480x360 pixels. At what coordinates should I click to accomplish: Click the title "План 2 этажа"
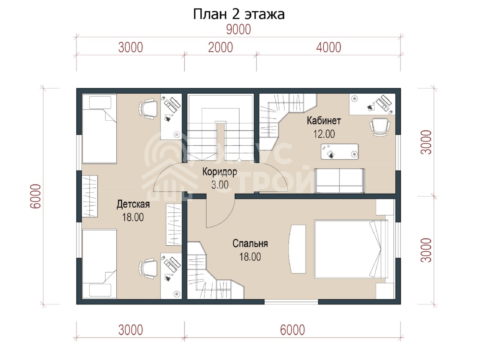tap(238, 14)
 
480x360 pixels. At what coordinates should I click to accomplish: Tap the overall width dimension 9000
tap(238, 30)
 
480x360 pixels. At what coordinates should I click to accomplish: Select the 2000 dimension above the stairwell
tap(220, 48)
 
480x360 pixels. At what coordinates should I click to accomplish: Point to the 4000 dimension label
tap(328, 48)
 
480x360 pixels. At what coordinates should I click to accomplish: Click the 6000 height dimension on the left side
tap(35, 196)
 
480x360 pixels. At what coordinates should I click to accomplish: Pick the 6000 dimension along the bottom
tap(292, 330)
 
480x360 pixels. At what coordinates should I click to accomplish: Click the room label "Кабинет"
tap(324, 121)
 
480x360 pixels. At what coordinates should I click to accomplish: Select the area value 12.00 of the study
tap(324, 134)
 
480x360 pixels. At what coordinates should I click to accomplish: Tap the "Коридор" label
tap(219, 172)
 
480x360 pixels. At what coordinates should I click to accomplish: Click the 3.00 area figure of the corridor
tap(220, 185)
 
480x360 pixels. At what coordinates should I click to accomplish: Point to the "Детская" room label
tap(133, 204)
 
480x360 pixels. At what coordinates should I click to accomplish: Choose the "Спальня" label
tap(250, 243)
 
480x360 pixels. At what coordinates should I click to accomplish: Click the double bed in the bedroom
tap(351, 249)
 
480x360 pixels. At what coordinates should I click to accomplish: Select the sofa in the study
tap(339, 181)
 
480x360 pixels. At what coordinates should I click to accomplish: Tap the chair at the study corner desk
tap(380, 127)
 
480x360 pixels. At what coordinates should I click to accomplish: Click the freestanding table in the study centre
tap(340, 151)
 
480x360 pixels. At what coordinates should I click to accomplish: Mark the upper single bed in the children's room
tap(99, 129)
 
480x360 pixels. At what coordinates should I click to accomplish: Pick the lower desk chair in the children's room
tap(148, 268)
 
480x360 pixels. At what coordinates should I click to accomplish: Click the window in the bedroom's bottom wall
tap(291, 302)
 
